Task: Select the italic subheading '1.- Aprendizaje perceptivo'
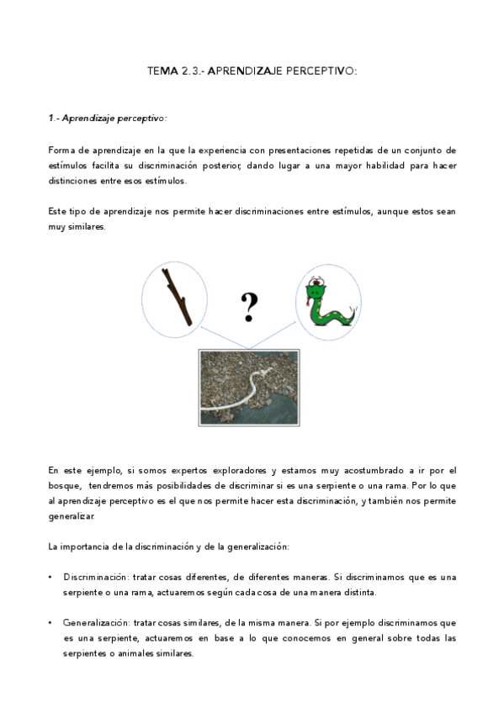click(108, 118)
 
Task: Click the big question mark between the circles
click(249, 308)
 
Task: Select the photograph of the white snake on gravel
click(250, 387)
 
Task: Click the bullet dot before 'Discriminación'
click(51, 577)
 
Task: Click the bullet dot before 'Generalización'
click(51, 623)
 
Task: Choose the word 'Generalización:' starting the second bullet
click(95, 623)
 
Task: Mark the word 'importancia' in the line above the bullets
click(85, 547)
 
